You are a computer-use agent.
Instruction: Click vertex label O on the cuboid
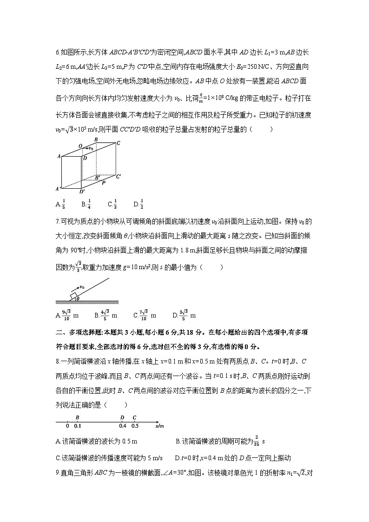tap(80, 145)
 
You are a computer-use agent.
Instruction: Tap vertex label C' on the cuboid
tap(119, 176)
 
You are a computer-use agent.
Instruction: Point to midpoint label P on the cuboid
tap(103, 184)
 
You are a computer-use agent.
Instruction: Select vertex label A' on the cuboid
tap(58, 189)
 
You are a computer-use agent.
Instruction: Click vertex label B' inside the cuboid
tap(97, 177)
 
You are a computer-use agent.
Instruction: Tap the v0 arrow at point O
tap(88, 148)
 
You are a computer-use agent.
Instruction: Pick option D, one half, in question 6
tap(138, 204)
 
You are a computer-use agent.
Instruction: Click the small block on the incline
tap(74, 296)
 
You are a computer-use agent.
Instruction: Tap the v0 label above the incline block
tap(82, 287)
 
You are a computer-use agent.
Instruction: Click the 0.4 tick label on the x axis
tap(122, 426)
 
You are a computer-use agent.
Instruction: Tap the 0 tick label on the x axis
tap(67, 426)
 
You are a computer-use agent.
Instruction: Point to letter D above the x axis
tap(122, 418)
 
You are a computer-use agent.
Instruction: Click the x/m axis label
tap(160, 425)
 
